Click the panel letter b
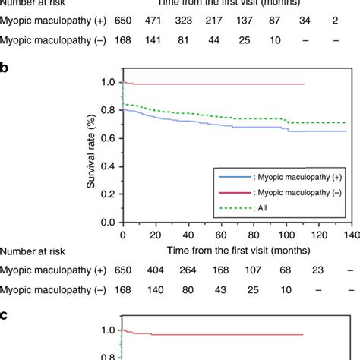6,68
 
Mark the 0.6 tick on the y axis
109,137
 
